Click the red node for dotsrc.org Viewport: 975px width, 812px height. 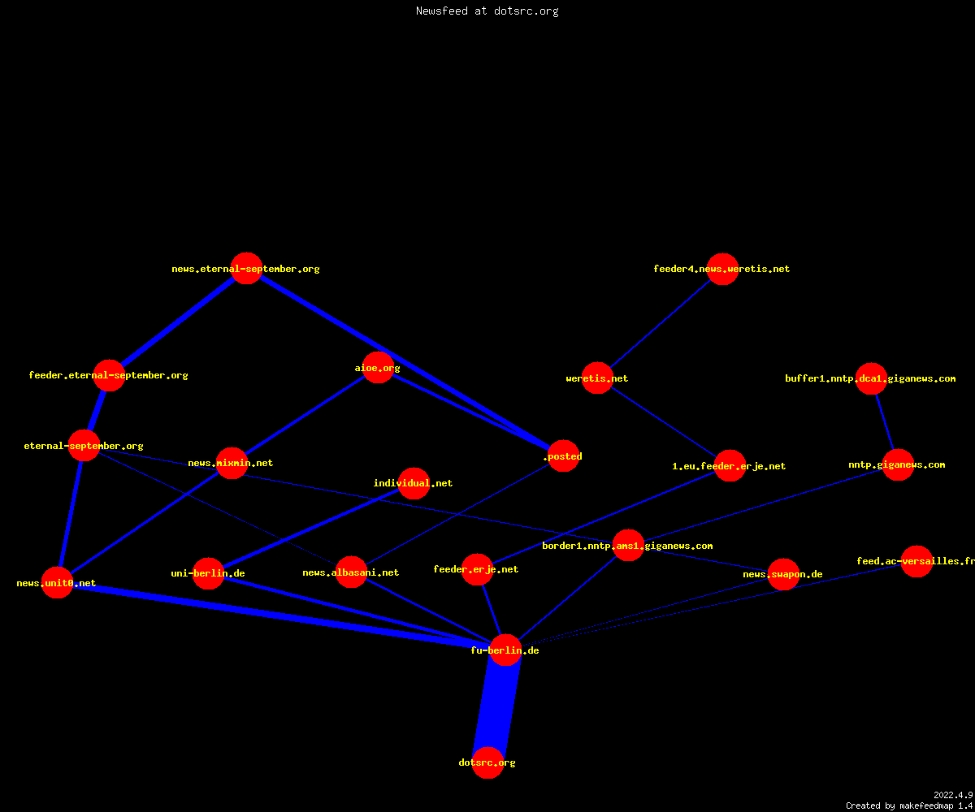click(x=488, y=762)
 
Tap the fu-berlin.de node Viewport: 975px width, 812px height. click(x=505, y=650)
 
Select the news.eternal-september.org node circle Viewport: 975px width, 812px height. click(x=246, y=268)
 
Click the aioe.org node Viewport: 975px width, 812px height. click(x=378, y=367)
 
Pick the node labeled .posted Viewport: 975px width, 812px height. click(x=564, y=456)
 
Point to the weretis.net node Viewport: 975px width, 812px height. click(x=597, y=378)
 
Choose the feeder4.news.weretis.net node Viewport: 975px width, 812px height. click(x=722, y=269)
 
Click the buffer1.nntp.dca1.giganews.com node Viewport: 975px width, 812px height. click(x=871, y=378)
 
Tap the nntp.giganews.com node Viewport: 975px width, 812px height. click(x=898, y=464)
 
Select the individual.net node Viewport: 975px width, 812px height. click(x=414, y=483)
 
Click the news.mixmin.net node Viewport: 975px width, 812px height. click(x=232, y=463)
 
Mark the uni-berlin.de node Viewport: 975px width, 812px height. click(x=208, y=573)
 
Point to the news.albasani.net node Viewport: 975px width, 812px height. click(x=351, y=572)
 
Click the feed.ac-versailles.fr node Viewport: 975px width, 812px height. click(x=916, y=561)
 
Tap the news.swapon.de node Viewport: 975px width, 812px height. click(x=783, y=574)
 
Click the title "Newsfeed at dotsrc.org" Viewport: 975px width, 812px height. click(x=487, y=11)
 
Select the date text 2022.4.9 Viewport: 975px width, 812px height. click(x=953, y=795)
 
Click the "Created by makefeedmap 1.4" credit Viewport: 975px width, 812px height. click(x=909, y=806)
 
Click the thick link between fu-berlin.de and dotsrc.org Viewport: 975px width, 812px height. click(x=496, y=706)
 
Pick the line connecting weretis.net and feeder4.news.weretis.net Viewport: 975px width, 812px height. click(x=660, y=323)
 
